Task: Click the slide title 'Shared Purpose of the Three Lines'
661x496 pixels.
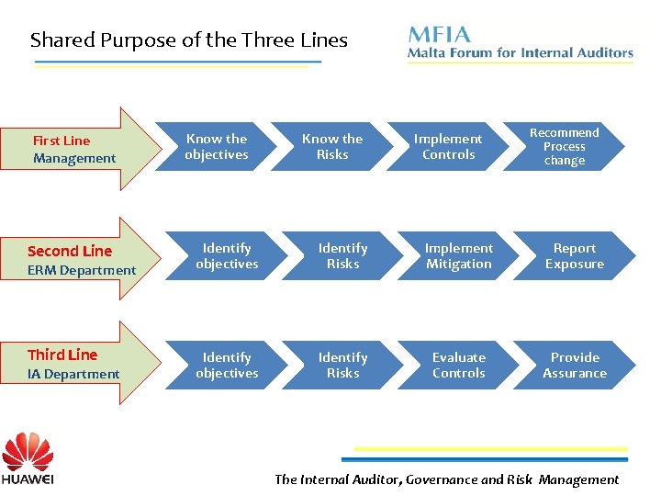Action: (x=189, y=40)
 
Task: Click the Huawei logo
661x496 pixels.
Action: (x=28, y=459)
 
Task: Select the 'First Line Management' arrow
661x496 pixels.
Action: (x=83, y=149)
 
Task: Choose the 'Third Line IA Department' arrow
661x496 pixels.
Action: (x=83, y=364)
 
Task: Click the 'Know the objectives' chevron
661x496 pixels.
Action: (x=217, y=147)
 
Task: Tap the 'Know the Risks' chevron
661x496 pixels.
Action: (x=332, y=147)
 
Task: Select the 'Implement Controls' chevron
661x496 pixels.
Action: (x=448, y=147)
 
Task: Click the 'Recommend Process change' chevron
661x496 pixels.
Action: (x=564, y=147)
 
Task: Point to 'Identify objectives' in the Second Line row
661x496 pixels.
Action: (x=227, y=256)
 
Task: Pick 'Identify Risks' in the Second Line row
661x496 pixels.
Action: (x=342, y=256)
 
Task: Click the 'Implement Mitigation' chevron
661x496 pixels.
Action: (x=459, y=256)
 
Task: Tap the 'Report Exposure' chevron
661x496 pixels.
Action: (x=575, y=256)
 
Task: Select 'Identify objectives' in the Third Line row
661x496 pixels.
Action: (x=227, y=366)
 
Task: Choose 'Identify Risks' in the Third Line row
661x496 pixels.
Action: (x=342, y=366)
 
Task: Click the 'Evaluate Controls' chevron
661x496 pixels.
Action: (x=459, y=366)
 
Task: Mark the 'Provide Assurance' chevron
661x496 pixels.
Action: (x=575, y=366)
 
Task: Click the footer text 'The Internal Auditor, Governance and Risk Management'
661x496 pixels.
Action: (x=447, y=479)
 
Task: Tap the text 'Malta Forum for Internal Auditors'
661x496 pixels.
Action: (x=521, y=53)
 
